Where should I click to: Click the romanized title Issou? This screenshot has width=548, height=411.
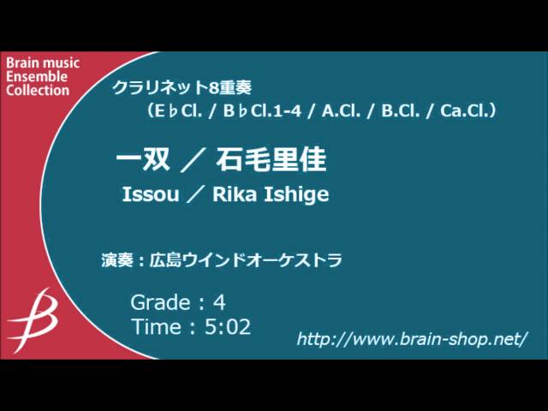[x=151, y=195]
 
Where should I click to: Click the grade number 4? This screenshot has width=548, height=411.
[x=219, y=301]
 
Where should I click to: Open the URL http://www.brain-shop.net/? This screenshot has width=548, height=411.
[x=412, y=339]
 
